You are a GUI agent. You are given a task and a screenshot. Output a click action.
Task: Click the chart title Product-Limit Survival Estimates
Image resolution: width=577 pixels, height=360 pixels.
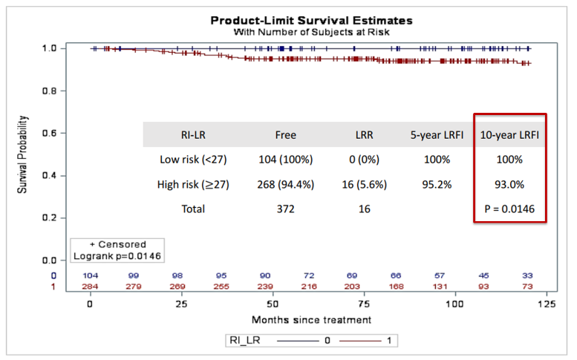pyautogui.click(x=311, y=20)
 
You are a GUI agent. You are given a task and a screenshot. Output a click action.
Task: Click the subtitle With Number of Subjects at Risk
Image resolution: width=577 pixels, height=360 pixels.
pyautogui.click(x=311, y=32)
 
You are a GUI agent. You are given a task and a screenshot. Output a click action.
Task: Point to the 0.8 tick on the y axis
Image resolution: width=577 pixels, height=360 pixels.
pyautogui.click(x=54, y=91)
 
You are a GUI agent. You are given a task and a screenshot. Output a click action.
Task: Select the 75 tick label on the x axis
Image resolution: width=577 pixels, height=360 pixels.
pyautogui.click(x=364, y=304)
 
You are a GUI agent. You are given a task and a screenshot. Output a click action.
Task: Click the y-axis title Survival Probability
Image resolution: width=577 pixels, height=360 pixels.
pyautogui.click(x=25, y=154)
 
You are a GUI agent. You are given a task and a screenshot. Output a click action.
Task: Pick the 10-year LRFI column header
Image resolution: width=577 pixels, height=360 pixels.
pyautogui.click(x=509, y=134)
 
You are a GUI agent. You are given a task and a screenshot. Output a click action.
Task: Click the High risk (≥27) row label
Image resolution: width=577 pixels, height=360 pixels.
pyautogui.click(x=193, y=184)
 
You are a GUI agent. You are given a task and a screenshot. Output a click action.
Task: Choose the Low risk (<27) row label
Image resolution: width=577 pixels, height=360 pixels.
pyautogui.click(x=193, y=160)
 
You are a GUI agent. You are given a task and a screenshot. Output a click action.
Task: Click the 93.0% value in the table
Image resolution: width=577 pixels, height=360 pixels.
pyautogui.click(x=509, y=184)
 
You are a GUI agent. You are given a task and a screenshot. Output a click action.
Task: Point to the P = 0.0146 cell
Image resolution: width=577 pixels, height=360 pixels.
pyautogui.click(x=509, y=209)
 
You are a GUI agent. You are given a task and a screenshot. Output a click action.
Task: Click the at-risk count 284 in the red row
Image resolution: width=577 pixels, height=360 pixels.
pyautogui.click(x=91, y=287)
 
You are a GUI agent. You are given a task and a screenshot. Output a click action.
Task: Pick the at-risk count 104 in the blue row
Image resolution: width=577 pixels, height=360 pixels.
pyautogui.click(x=91, y=275)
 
